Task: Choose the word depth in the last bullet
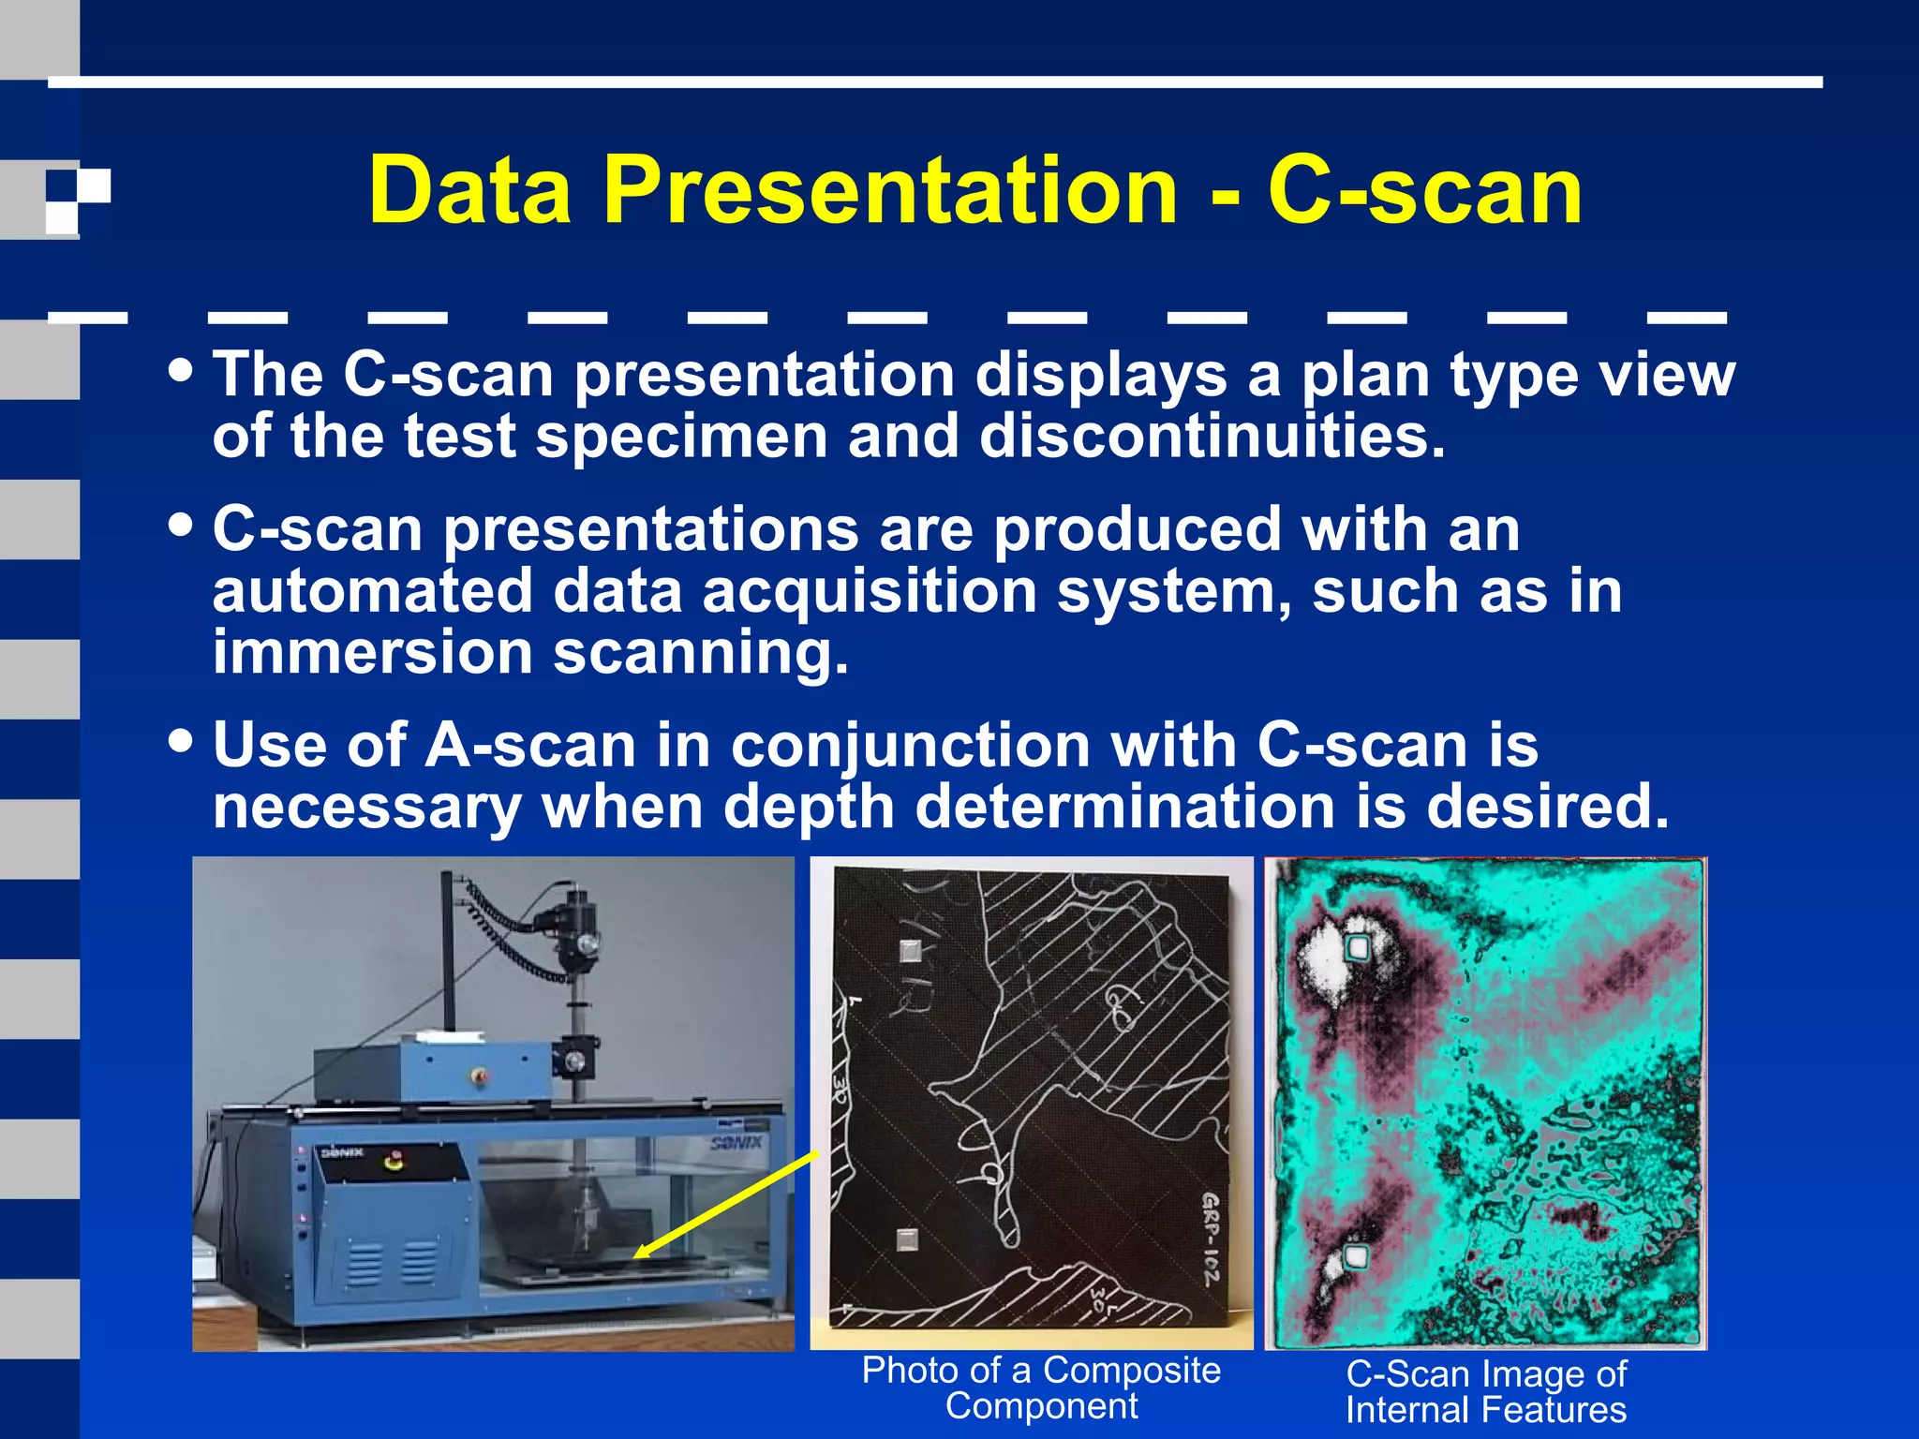coord(809,807)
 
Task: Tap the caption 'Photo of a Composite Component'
coord(1041,1387)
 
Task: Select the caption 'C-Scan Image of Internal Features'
coord(1486,1391)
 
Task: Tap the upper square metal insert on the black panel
coord(910,952)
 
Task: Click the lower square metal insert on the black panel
coord(906,1240)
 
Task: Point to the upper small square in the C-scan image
coord(1357,948)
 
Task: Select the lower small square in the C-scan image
coord(1355,1256)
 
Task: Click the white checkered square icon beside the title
coord(78,200)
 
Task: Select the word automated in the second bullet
coord(372,592)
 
